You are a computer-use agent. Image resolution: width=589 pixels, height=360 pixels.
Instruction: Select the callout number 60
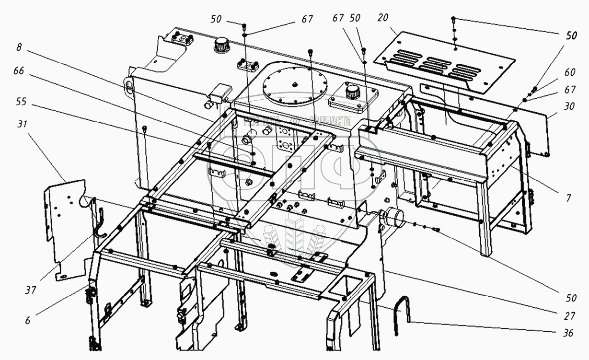[x=569, y=72]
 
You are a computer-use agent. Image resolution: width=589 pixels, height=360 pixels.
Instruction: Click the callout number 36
[x=569, y=334]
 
